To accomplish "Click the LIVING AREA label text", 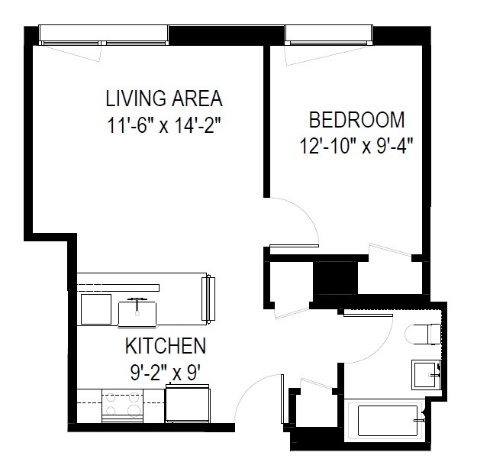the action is pyautogui.click(x=164, y=99).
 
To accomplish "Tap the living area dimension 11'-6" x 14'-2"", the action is pyautogui.click(x=164, y=125).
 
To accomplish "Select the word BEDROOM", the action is pyautogui.click(x=357, y=120).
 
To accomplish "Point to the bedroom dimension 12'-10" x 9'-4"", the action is pyautogui.click(x=356, y=146).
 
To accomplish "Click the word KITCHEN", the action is pyautogui.click(x=166, y=345).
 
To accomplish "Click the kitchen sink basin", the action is pyautogui.click(x=137, y=314).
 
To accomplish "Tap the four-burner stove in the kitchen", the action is pyautogui.click(x=122, y=406).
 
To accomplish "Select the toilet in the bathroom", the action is pyautogui.click(x=423, y=334).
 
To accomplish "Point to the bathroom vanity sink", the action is pyautogui.click(x=426, y=375).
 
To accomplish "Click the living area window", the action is pyautogui.click(x=104, y=35).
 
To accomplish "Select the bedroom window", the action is pyautogui.click(x=329, y=35).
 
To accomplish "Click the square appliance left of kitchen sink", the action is pyautogui.click(x=96, y=309).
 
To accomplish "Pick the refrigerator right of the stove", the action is pyautogui.click(x=188, y=403).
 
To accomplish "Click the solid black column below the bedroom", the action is pyautogui.click(x=335, y=277).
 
